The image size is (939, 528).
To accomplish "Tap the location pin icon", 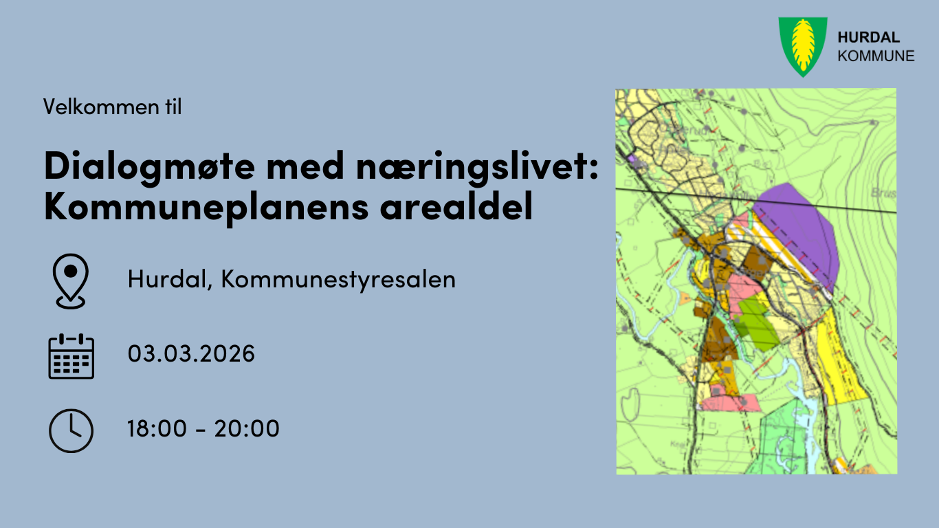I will (71, 280).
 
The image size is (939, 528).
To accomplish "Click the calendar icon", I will (71, 355).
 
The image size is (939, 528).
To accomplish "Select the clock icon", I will (71, 430).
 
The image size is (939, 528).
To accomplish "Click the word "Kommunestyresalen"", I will (338, 280).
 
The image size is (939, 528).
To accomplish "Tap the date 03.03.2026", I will (191, 354).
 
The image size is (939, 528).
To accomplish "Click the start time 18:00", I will (157, 429).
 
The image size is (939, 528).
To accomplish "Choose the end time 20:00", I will (247, 429).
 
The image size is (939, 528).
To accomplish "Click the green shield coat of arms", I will (802, 45).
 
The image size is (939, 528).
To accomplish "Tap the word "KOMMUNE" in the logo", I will (876, 56).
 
